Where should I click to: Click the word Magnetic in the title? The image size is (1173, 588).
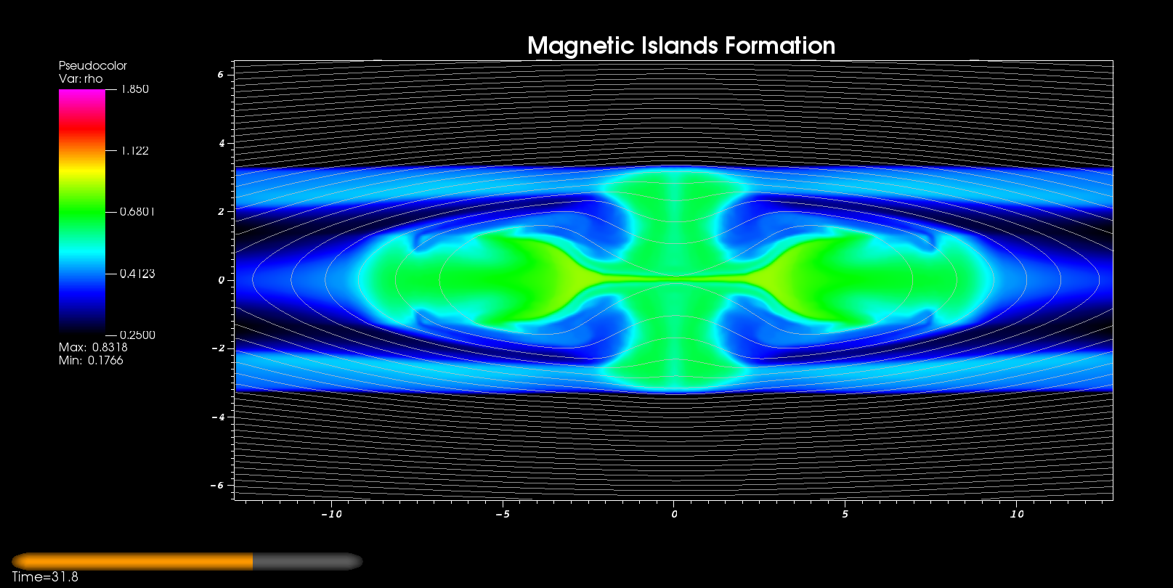[581, 46]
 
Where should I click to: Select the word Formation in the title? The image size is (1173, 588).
[780, 46]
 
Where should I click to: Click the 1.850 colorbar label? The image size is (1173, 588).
[135, 89]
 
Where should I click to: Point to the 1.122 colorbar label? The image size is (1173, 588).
[135, 151]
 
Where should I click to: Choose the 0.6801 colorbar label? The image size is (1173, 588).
[137, 211]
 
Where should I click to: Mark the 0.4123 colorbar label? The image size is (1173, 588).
[137, 274]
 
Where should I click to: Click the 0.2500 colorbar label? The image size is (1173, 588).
[137, 335]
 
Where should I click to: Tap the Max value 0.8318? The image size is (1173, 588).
[110, 347]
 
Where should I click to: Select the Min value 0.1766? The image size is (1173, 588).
[105, 360]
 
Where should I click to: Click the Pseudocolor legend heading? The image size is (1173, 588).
[93, 65]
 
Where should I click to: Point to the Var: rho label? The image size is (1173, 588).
[81, 78]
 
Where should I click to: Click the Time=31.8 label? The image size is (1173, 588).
[45, 576]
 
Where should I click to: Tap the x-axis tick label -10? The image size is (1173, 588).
[331, 514]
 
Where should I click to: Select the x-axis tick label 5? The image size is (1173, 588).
[845, 514]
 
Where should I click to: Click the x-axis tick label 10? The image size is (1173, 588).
[1016, 514]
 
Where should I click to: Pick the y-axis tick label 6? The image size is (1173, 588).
[221, 74]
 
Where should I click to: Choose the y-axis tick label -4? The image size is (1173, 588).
[218, 417]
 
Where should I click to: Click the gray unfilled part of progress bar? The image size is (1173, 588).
[307, 561]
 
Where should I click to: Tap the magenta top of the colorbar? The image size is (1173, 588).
[81, 99]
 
